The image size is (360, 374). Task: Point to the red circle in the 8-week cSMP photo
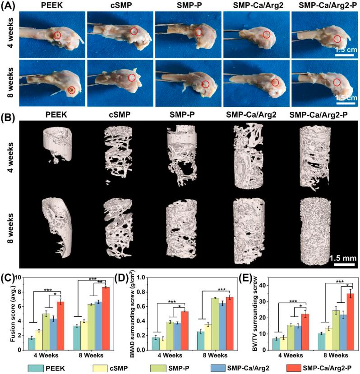(x=132, y=78)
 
